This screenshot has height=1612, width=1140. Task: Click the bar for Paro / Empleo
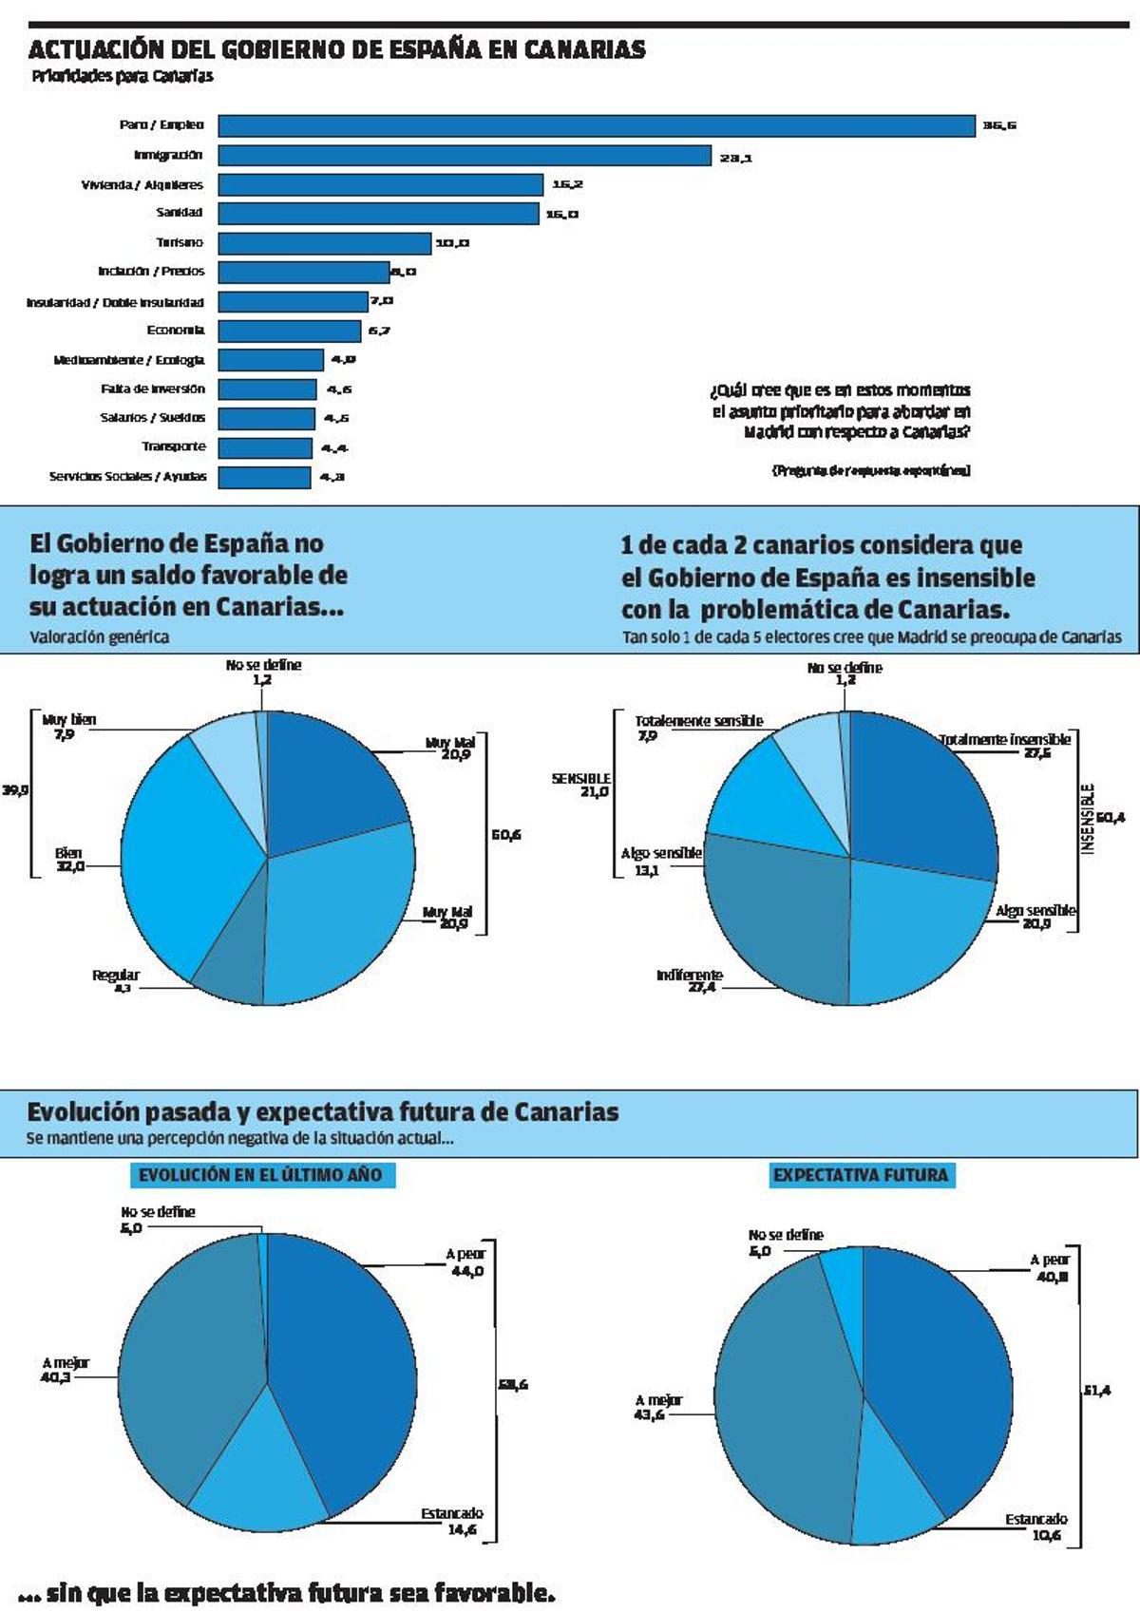coord(597,125)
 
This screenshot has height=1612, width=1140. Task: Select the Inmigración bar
coord(465,155)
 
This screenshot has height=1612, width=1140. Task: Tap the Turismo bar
coord(324,243)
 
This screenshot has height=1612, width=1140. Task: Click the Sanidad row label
coord(180,213)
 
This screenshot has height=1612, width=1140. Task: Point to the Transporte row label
coord(174,446)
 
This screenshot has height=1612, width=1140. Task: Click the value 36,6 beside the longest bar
coord(999,125)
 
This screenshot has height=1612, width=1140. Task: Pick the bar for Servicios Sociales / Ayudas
coord(264,477)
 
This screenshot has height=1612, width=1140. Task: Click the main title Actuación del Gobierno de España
coord(337,50)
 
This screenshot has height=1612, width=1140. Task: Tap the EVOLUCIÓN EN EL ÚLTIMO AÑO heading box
coord(261,1175)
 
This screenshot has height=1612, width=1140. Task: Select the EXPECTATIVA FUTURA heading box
coord(860,1175)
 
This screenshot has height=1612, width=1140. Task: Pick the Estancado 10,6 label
coord(1036,1527)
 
